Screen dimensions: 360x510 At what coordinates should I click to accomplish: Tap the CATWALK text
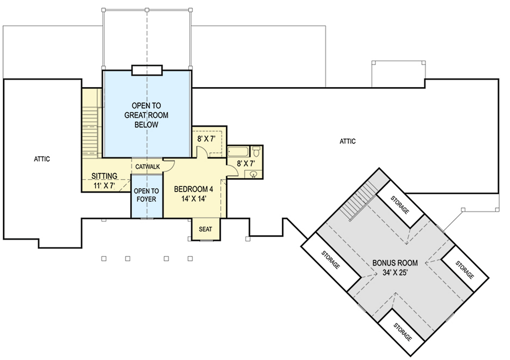[x=147, y=166]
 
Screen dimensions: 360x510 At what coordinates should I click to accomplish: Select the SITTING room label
[x=104, y=176]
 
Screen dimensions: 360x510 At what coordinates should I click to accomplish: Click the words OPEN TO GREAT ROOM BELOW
[x=146, y=115]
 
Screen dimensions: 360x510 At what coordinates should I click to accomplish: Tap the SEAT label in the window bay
[x=205, y=230]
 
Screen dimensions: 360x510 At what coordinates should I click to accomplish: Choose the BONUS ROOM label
[x=395, y=263]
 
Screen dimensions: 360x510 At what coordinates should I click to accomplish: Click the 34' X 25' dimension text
[x=395, y=273]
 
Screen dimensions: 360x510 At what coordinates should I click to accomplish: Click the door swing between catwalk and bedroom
[x=168, y=166]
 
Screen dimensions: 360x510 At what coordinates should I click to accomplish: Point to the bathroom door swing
[x=232, y=171]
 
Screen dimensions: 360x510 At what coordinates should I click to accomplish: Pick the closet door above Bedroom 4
[x=202, y=153]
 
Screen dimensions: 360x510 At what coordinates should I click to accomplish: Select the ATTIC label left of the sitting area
[x=42, y=159]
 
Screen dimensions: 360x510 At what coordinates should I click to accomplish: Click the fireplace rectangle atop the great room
[x=147, y=70]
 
